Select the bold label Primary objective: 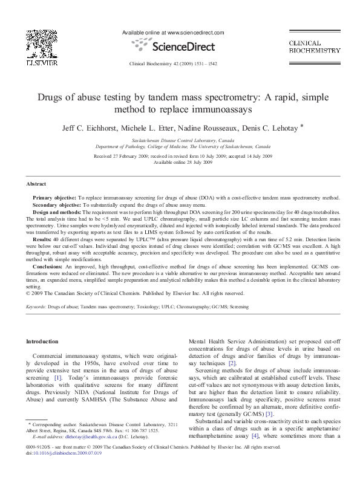[54, 198]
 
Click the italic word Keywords [36, 307]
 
